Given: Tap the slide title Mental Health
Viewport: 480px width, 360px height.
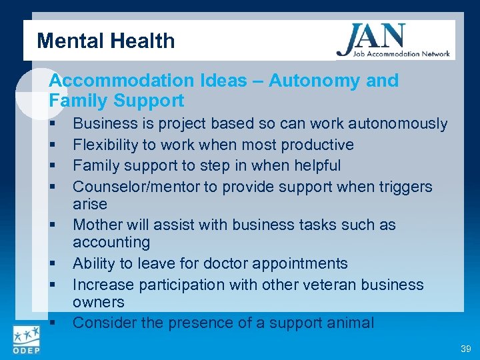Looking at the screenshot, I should click(106, 41).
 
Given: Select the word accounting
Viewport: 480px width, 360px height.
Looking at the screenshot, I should click(111, 242).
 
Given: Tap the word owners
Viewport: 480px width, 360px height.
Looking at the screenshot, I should click(98, 302).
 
